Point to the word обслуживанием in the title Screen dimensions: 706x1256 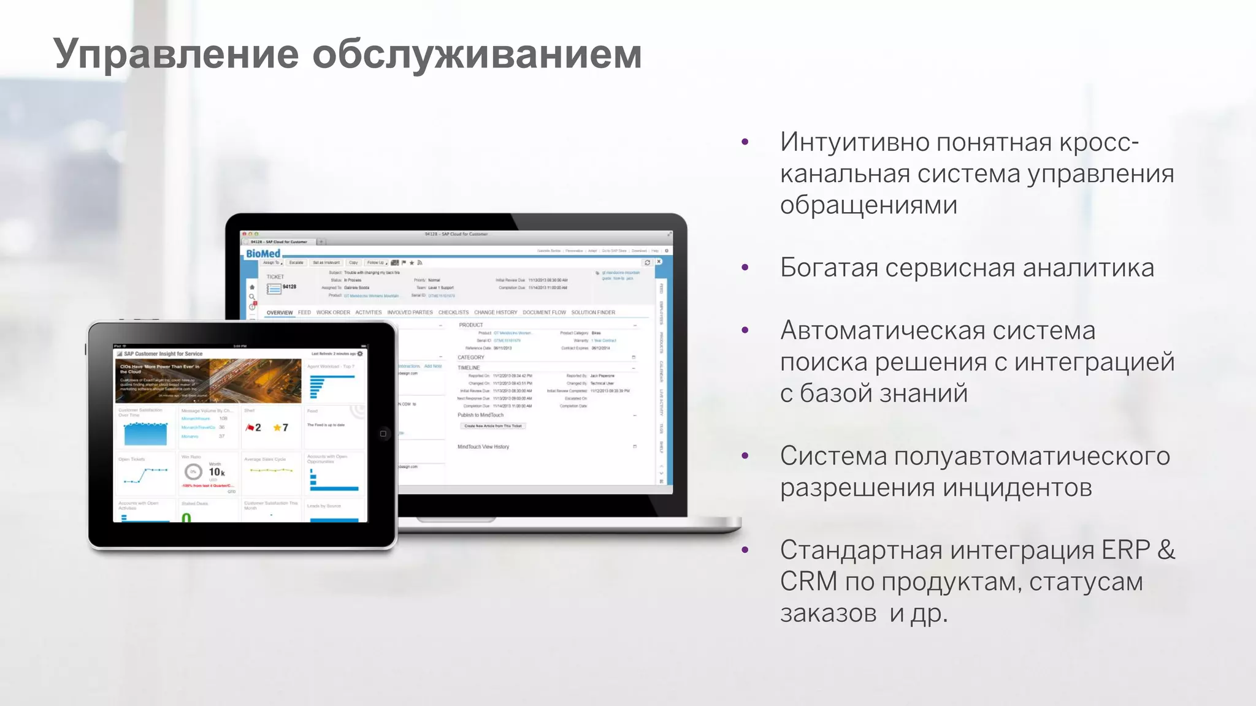point(477,54)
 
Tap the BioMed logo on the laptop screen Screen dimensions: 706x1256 point(263,254)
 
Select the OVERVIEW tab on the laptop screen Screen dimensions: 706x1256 point(280,313)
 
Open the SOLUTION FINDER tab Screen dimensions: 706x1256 point(593,313)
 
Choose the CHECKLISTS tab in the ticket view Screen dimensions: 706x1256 point(453,313)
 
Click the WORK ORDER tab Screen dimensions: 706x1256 point(333,313)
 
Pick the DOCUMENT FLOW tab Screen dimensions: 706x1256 point(544,313)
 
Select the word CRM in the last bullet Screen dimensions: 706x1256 point(808,581)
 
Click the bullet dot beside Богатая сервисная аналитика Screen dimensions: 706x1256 point(745,267)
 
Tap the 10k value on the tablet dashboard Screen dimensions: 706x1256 point(216,472)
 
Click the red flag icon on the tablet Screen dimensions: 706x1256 point(250,427)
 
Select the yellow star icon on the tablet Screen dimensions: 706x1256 point(277,427)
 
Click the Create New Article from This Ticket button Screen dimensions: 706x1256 point(493,426)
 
